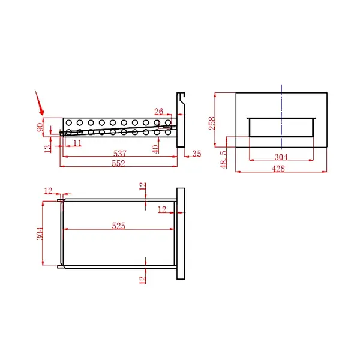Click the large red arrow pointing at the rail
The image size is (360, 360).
[x=40, y=103]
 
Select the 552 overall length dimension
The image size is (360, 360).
[x=118, y=164]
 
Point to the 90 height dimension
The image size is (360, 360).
[x=40, y=127]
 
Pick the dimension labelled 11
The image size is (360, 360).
[x=77, y=143]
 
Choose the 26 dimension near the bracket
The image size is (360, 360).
[x=158, y=112]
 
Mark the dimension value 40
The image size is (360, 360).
[x=155, y=147]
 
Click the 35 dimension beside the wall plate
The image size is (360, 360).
[x=197, y=154]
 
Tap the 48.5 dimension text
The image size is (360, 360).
[x=223, y=160]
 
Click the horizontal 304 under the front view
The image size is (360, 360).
[x=280, y=157]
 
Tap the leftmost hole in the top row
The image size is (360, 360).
[x=68, y=122]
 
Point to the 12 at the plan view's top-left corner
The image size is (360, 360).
[x=49, y=191]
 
